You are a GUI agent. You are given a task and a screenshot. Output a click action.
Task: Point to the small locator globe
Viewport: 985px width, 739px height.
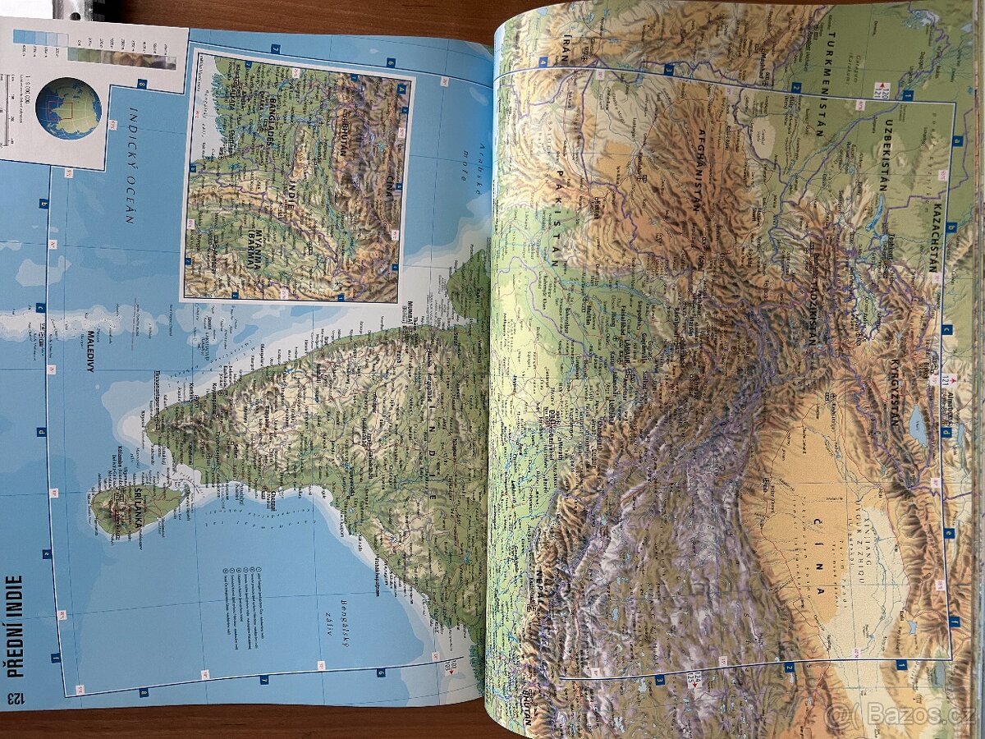coord(69,108)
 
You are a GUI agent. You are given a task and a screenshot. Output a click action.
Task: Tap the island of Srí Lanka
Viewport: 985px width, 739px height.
coord(135,505)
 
